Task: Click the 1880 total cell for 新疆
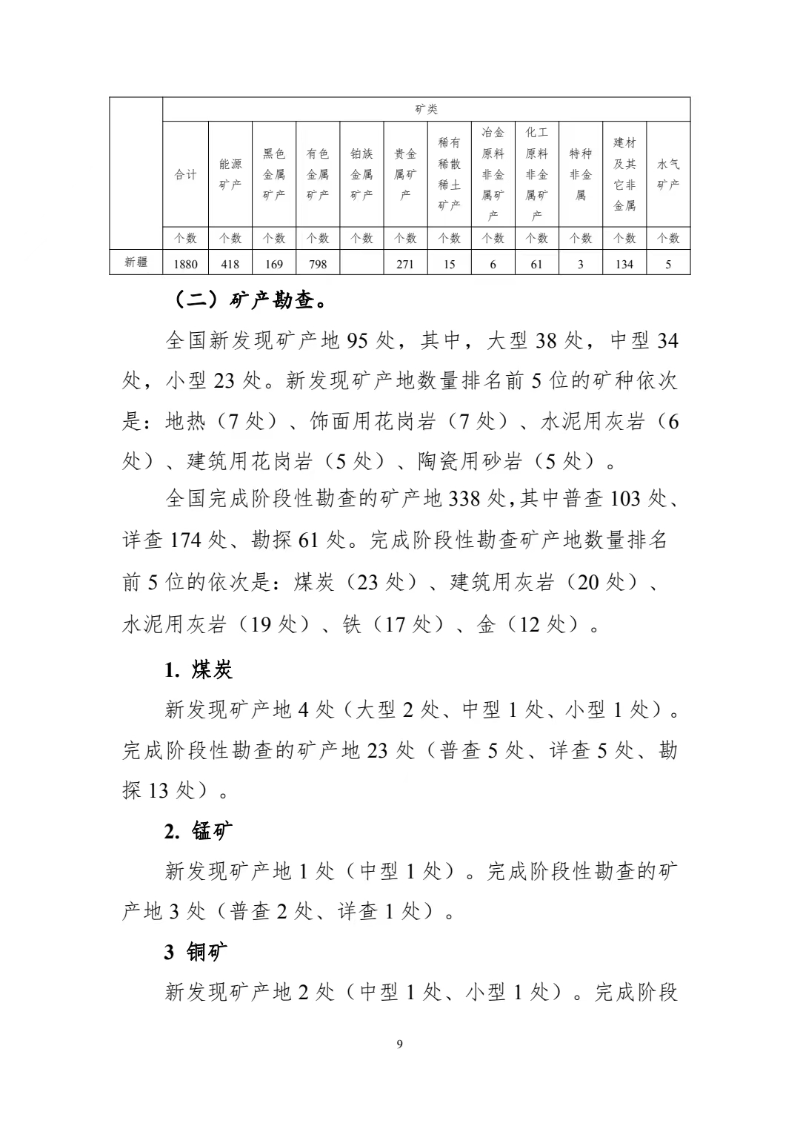tap(185, 264)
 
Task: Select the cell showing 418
tap(230, 264)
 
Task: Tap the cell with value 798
tap(318, 264)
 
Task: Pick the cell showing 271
tap(405, 264)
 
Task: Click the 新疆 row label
tap(136, 262)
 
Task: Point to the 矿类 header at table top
tap(427, 110)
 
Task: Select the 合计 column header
tap(185, 175)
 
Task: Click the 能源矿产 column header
tap(230, 175)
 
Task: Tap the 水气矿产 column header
tap(668, 175)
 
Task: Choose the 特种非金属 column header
tap(581, 175)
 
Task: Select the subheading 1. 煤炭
tap(199, 670)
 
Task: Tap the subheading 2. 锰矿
tap(199, 831)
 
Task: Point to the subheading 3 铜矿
tap(196, 952)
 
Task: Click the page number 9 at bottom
tap(400, 1045)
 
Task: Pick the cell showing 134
tap(624, 264)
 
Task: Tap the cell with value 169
tap(274, 264)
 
